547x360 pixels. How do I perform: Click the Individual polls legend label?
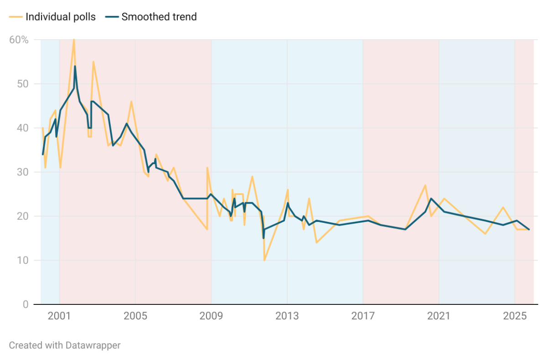pos(61,17)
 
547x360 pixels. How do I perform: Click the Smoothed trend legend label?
pos(159,17)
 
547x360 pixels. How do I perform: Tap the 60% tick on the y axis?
pos(19,40)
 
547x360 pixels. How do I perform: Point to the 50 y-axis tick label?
pos(23,84)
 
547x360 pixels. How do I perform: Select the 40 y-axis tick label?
pos(23,128)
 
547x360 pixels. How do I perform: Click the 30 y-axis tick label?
pos(23,172)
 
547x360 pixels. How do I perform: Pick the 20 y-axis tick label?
pos(23,216)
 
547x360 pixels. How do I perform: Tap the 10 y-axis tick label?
pos(23,260)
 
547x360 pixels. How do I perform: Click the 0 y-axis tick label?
pos(26,304)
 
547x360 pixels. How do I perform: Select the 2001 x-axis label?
pos(59,315)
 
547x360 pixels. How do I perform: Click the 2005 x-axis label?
pos(135,315)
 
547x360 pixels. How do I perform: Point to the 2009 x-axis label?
pos(211,315)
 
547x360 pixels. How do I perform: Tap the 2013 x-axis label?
pos(287,315)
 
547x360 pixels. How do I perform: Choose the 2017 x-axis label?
pos(363,315)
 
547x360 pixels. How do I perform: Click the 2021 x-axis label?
pos(439,315)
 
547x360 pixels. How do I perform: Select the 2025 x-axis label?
pos(515,315)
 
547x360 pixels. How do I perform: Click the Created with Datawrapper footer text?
pos(65,345)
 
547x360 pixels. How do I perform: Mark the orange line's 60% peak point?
pos(74,40)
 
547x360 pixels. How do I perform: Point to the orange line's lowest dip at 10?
pos(264,260)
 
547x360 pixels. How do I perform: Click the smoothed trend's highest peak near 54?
pos(75,66)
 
